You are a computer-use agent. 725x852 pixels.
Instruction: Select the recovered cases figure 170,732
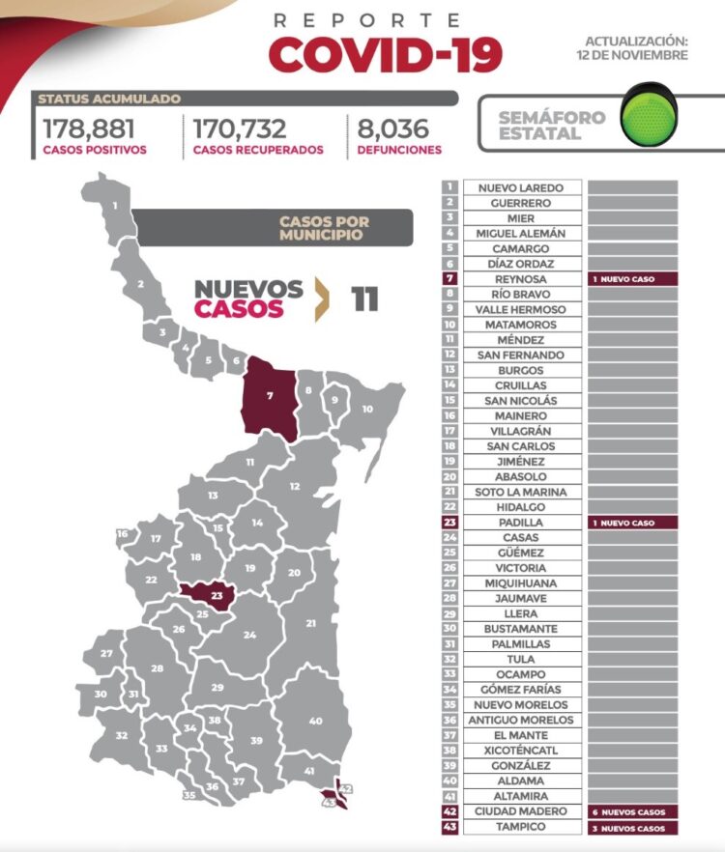(x=244, y=129)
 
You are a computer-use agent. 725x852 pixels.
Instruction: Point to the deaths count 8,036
(x=387, y=129)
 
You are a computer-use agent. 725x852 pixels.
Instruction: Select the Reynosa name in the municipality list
(x=521, y=278)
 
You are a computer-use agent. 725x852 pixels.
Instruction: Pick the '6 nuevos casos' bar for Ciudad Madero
(x=632, y=811)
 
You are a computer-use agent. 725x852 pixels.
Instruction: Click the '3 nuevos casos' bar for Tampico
(x=632, y=827)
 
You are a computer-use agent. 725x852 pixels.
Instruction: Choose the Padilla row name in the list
(x=521, y=522)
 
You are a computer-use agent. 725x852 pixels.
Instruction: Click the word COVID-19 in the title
(x=385, y=56)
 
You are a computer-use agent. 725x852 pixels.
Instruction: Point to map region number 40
(x=315, y=720)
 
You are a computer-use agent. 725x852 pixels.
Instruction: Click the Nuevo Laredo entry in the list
(x=521, y=187)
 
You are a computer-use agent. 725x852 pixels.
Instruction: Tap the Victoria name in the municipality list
(x=521, y=568)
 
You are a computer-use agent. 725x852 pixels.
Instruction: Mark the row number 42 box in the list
(x=449, y=811)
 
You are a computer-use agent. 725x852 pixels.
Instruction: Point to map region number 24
(x=249, y=635)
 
